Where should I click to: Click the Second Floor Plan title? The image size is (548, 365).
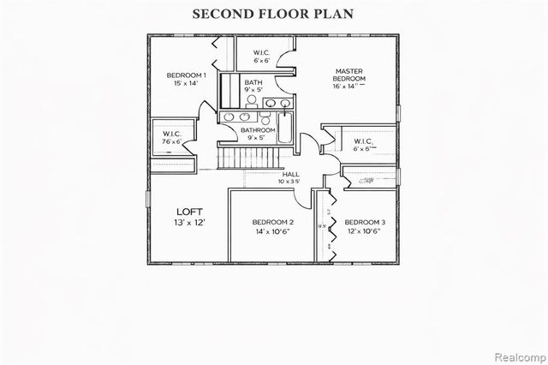[273, 15]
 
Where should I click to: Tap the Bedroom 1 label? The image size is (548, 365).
[184, 75]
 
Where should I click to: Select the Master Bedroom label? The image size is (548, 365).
[349, 75]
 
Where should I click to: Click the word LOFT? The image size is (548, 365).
[189, 212]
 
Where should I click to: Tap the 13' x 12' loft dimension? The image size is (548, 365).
[189, 223]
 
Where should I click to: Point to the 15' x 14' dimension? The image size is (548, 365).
[184, 84]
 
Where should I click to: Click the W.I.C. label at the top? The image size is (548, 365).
[261, 52]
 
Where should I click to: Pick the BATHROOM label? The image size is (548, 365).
[257, 129]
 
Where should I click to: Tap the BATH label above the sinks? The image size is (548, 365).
[254, 81]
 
